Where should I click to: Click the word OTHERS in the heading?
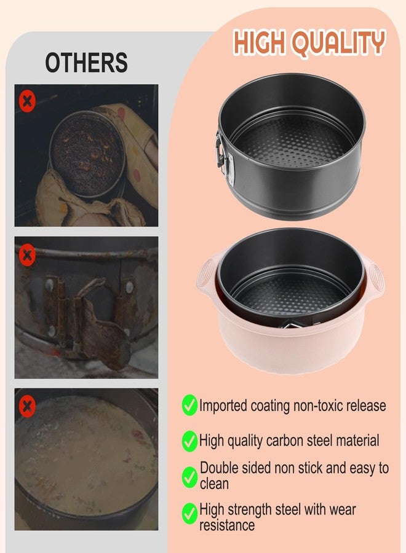[87, 63]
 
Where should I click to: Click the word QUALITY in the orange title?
[339, 43]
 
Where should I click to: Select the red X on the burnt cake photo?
[27, 101]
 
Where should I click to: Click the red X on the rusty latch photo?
[27, 254]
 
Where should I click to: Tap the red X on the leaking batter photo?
[27, 406]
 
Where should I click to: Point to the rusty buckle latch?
[88, 318]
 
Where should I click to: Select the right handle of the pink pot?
[373, 276]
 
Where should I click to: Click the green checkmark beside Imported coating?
[189, 405]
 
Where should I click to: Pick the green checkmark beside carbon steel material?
[189, 441]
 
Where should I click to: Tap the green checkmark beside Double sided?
[189, 477]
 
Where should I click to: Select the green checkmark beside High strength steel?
[189, 514]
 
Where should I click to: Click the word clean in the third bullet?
[214, 484]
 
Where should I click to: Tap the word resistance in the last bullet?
[226, 525]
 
